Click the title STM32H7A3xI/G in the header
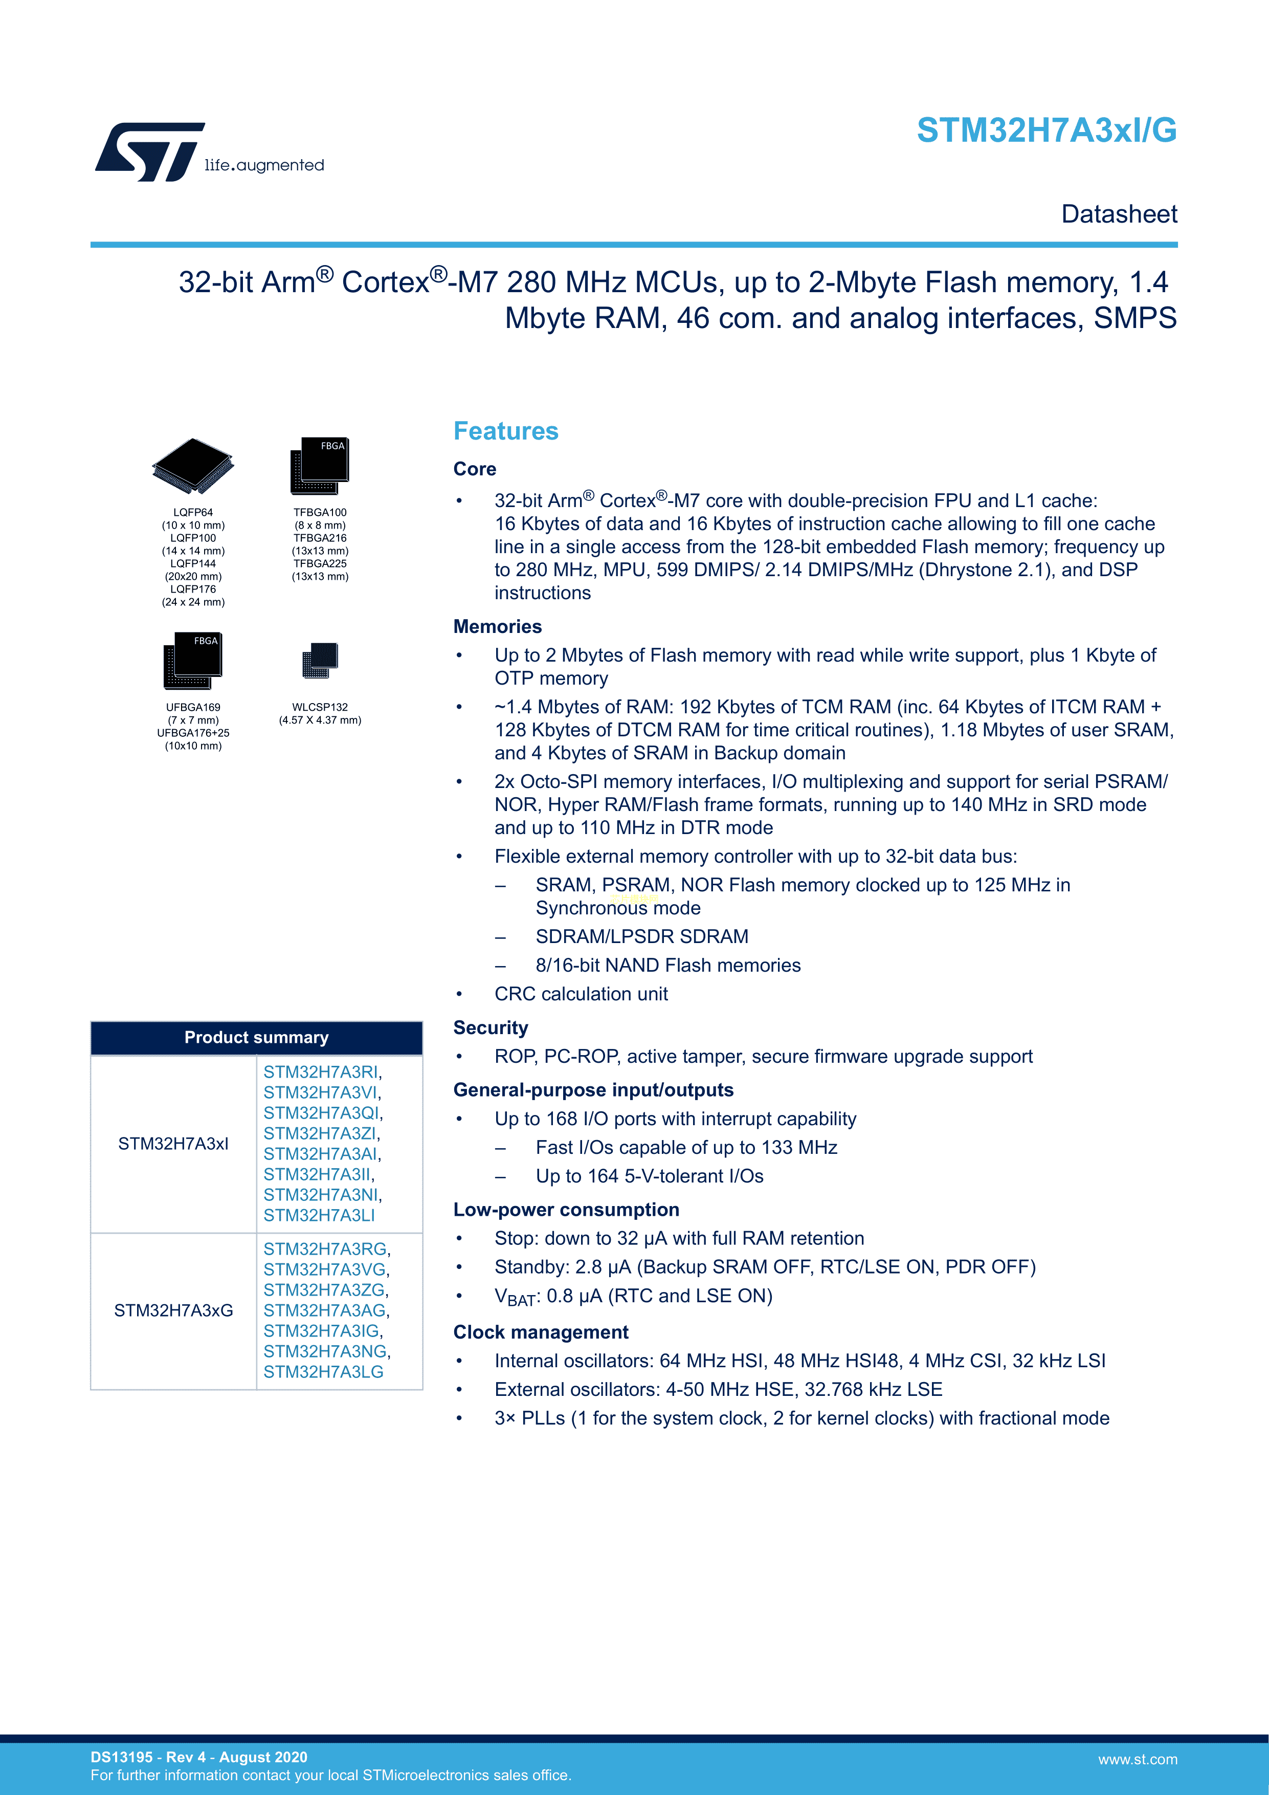[1047, 130]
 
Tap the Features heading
[505, 431]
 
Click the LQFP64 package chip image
[193, 466]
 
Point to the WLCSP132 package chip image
[320, 661]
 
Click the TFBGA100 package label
[320, 513]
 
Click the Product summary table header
[256, 1037]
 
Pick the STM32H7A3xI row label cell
[173, 1144]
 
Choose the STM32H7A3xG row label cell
[173, 1310]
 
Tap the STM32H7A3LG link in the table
[323, 1371]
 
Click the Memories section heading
[497, 626]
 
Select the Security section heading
[491, 1027]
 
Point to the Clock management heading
[541, 1332]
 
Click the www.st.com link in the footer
[1137, 1759]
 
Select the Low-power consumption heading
[566, 1210]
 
